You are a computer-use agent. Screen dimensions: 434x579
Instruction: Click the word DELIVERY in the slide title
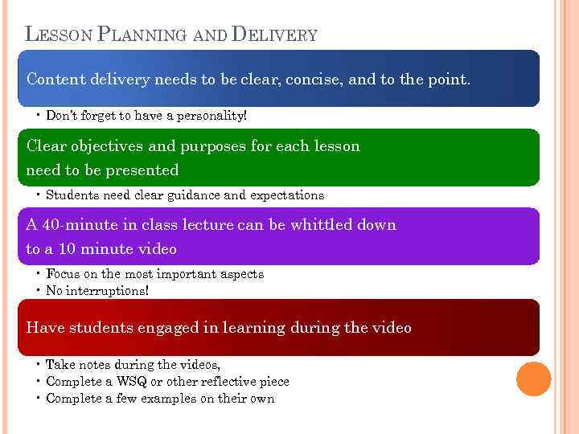point(274,35)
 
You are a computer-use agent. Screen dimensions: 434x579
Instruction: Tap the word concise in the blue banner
point(305,80)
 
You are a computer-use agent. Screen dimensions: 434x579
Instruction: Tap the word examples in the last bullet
point(161,399)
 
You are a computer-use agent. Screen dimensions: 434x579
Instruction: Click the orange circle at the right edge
point(534,379)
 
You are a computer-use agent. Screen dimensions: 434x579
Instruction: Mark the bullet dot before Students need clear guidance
point(39,195)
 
